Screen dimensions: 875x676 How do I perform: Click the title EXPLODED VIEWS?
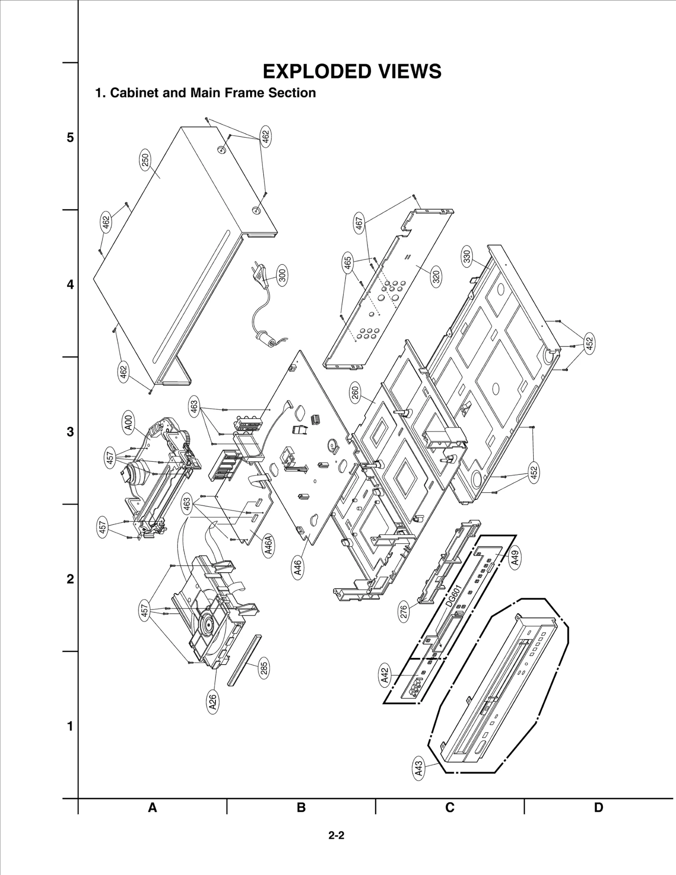352,71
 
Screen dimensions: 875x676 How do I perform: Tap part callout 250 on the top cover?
145,161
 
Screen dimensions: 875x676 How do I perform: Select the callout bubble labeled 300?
282,275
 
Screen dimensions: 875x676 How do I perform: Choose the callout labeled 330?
467,257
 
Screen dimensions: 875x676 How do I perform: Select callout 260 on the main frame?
355,392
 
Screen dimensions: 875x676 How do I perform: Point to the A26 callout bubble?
213,702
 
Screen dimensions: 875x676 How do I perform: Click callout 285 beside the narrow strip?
264,668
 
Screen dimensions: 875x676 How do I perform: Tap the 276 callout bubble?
404,611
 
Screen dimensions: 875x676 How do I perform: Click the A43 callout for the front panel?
418,769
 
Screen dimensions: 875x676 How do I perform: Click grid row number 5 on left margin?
70,138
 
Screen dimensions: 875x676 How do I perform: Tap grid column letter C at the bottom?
450,807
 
